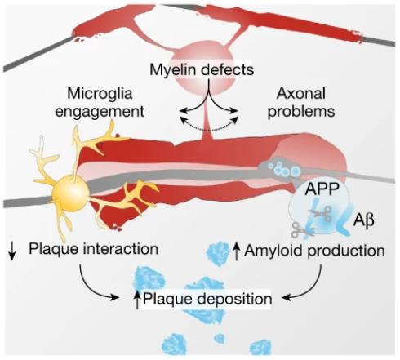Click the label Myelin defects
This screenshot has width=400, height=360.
202,69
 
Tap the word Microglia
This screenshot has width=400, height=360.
100,93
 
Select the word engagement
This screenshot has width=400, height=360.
100,111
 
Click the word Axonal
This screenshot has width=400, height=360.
301,93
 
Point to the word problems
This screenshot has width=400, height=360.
301,111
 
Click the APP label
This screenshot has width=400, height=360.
322,189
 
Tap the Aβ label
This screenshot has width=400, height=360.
363,220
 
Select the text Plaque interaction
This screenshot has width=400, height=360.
93,249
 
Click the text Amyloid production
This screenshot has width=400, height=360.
314,251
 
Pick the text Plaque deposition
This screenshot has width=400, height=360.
207,299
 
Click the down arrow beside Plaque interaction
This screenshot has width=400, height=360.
11,251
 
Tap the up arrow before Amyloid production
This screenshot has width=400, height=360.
237,251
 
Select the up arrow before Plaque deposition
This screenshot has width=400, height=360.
138,300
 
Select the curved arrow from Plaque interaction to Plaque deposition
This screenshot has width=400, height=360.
91,287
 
